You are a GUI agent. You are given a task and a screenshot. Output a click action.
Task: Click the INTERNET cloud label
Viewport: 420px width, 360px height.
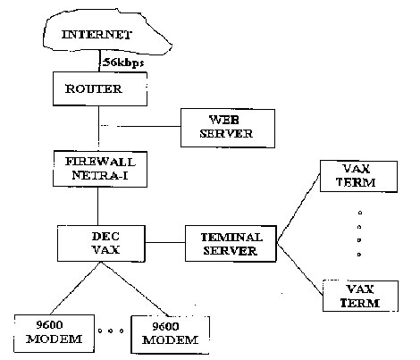97,35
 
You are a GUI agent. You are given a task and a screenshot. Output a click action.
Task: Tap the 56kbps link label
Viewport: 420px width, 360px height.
123,63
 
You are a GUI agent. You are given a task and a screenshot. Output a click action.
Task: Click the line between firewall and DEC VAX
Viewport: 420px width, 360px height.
98,206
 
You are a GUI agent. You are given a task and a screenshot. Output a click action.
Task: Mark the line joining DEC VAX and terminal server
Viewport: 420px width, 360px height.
165,242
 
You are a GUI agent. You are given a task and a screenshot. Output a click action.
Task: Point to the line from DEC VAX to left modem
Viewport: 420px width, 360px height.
76,289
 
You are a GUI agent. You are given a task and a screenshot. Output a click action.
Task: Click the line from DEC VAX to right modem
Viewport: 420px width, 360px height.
135,289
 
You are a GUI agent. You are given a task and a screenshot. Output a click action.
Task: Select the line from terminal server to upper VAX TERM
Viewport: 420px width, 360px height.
298,207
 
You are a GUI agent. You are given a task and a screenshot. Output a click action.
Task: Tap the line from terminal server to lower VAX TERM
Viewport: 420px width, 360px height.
300,269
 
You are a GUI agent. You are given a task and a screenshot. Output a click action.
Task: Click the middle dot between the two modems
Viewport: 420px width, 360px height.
111,331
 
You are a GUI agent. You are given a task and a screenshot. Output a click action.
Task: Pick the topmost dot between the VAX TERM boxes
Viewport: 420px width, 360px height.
360,213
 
